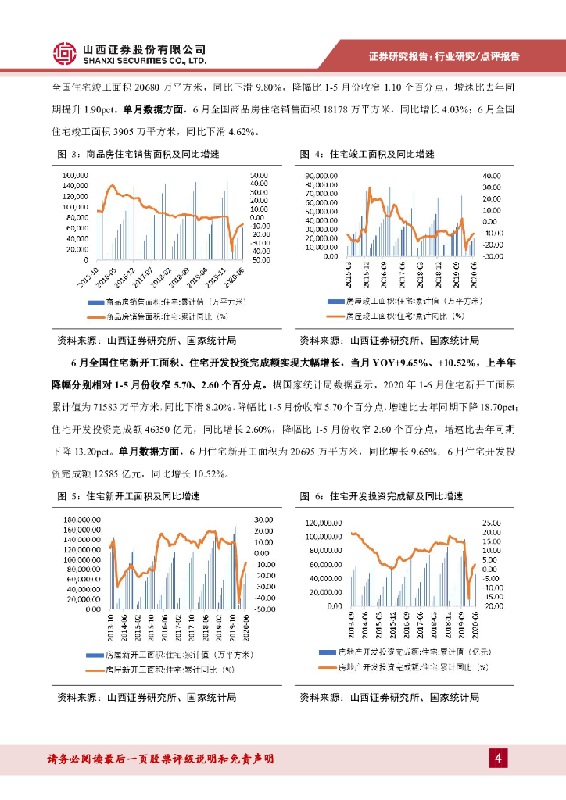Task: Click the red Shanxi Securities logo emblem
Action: point(65,53)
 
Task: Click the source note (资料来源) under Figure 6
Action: point(389,697)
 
